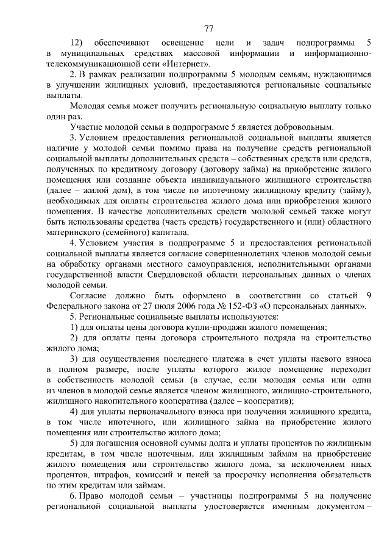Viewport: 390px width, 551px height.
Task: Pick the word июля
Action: click(145, 306)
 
